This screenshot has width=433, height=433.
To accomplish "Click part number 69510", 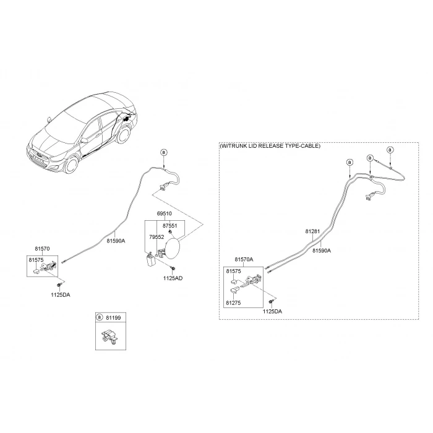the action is pos(165,213).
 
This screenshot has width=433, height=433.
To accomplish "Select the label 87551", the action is pos(170,226).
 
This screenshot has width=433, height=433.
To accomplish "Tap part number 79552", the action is pos(156,237).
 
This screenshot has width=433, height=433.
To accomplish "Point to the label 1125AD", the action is pos(173,278).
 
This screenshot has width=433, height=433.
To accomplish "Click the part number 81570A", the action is pos(244,259).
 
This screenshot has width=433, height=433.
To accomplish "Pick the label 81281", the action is pos(312,231).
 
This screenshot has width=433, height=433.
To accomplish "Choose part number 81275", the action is pos(233,302).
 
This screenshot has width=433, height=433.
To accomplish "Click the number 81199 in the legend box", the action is pos(113,318).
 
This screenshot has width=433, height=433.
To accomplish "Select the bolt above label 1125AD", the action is pos(173,268).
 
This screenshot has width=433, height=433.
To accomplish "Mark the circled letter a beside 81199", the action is pos(100,317).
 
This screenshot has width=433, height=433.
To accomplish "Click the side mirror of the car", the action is pos(49,119).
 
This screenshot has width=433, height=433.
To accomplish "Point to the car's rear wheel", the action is pos(124,135).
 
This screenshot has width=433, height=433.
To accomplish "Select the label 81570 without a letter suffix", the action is pos(42,249).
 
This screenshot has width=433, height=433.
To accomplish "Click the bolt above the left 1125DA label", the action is pos(59,285).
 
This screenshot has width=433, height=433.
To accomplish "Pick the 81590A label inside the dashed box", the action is pos(322,251).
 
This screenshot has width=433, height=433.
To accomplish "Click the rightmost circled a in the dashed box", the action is pos(390,150).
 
